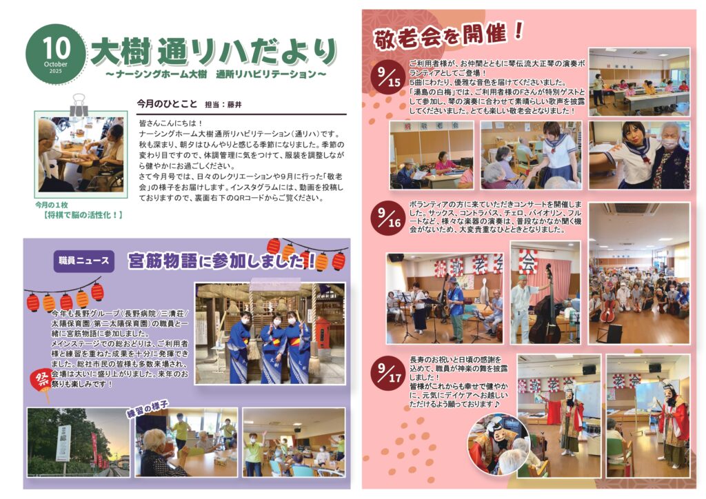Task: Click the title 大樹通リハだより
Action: pos(214,50)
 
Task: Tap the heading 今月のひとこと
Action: pos(167,104)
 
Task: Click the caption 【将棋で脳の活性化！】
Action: pos(80,215)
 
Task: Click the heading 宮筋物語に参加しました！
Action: pos(221,261)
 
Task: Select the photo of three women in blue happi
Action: pos(270,333)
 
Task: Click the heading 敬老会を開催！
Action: pos(448,34)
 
